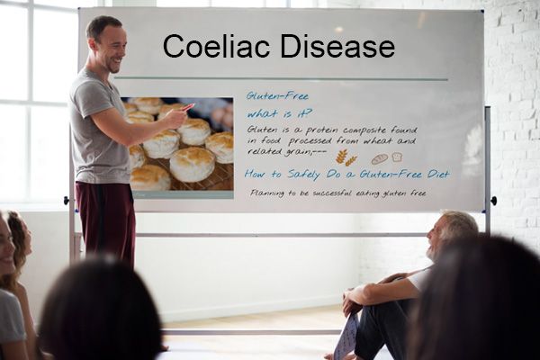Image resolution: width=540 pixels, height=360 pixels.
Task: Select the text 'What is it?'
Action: click(280, 113)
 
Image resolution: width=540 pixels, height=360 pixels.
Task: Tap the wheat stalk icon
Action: click(346, 157)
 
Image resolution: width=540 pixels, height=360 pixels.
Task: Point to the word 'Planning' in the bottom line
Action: click(269, 193)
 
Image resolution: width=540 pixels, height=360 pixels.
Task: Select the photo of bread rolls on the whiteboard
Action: click(177, 143)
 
